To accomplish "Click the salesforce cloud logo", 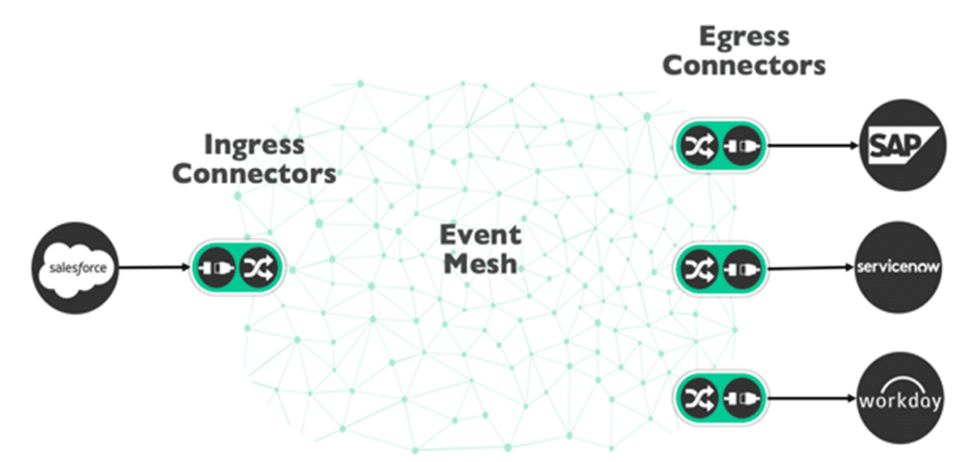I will (75, 268).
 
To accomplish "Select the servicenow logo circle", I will (899, 267).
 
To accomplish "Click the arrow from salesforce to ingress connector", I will (154, 268).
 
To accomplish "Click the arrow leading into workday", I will (813, 398).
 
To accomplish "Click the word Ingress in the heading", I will (254, 146).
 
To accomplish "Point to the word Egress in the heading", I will (744, 37).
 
